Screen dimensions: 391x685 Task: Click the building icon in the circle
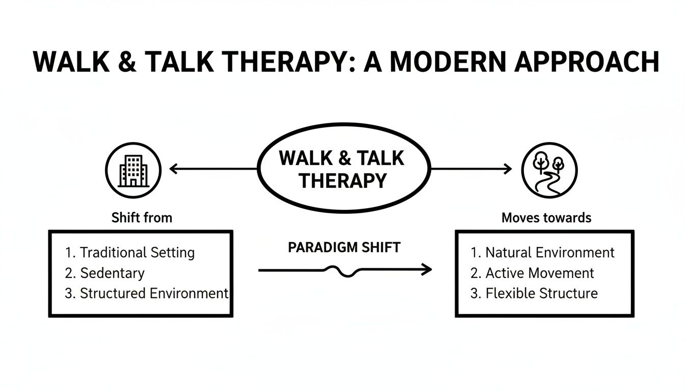click(133, 170)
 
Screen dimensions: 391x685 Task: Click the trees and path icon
click(549, 170)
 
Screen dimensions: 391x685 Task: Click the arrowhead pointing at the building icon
click(173, 169)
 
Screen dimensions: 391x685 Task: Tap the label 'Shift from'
click(142, 218)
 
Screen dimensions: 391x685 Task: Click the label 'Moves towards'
click(546, 218)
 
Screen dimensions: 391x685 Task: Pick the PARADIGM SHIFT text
click(344, 247)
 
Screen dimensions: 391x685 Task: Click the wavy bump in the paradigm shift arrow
click(345, 271)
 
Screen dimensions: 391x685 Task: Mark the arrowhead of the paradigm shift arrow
click(427, 270)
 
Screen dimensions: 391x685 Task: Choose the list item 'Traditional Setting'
click(137, 253)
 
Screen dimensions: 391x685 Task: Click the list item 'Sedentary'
click(112, 273)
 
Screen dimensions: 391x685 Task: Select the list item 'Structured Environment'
click(153, 293)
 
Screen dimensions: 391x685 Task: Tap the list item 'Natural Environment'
click(549, 253)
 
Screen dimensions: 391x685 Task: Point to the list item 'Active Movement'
click(539, 273)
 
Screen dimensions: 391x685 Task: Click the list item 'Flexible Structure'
click(541, 293)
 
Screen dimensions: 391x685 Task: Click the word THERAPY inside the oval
click(342, 180)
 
